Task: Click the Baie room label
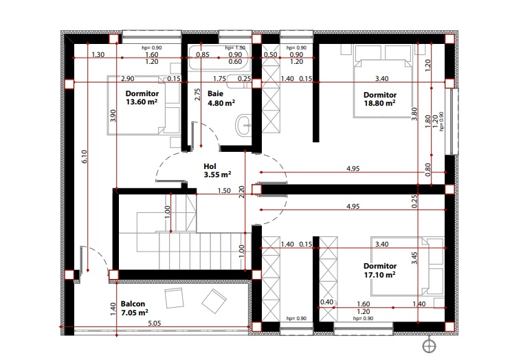click(215, 93)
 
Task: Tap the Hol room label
click(210, 166)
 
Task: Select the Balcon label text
click(133, 304)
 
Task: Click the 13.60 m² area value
click(142, 102)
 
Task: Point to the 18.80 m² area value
click(379, 103)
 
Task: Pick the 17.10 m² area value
click(379, 275)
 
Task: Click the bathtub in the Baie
click(219, 58)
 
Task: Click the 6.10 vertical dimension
click(85, 157)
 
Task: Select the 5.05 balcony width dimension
click(155, 323)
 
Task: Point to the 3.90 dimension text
click(113, 115)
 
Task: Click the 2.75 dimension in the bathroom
click(197, 94)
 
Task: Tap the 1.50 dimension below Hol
click(224, 191)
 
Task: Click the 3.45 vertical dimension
click(414, 258)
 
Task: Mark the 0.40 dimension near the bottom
click(327, 302)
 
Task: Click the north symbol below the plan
click(429, 346)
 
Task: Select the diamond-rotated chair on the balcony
click(214, 301)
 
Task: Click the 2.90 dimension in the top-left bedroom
click(127, 79)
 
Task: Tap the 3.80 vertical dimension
click(414, 113)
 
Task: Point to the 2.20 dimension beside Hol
click(242, 192)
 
